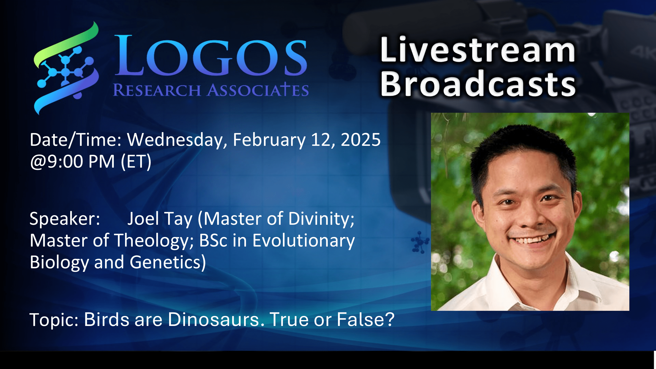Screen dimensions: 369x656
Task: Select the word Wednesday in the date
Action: pyautogui.click(x=177, y=140)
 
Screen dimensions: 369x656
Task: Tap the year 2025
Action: pyautogui.click(x=360, y=140)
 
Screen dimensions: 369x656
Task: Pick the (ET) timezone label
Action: pyautogui.click(x=136, y=162)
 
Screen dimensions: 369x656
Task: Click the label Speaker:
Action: pyautogui.click(x=65, y=219)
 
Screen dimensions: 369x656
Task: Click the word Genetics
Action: pyautogui.click(x=168, y=262)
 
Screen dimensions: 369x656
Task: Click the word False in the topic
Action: pyautogui.click(x=365, y=320)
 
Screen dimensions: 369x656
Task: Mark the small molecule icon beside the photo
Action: pyautogui.click(x=419, y=242)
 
